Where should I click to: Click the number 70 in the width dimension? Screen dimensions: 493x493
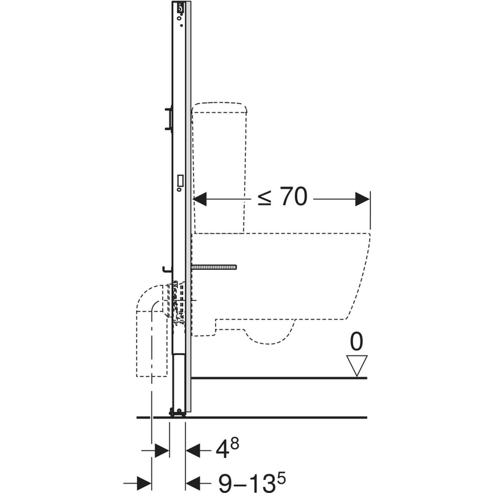(x=293, y=197)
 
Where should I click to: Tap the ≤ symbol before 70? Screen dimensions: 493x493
(x=265, y=198)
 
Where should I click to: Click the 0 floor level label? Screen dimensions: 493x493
(x=356, y=342)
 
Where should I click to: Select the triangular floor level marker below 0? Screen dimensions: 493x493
(x=357, y=365)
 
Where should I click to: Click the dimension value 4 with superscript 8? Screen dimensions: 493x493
(x=227, y=448)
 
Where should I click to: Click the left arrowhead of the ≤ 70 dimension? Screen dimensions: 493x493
(x=200, y=199)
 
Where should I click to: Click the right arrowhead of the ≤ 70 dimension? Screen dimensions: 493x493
(x=362, y=199)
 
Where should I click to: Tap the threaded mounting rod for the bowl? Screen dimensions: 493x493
(x=214, y=267)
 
